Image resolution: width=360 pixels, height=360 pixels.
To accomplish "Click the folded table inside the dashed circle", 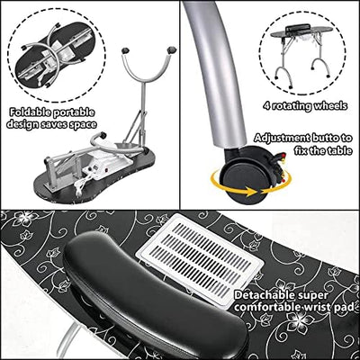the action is pos(56,57).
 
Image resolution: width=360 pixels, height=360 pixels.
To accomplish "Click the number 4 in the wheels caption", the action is pos(266,106).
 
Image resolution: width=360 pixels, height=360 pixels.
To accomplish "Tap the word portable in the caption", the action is pos(73,112).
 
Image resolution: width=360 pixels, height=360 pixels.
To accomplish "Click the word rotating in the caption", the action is pos(291,106).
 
